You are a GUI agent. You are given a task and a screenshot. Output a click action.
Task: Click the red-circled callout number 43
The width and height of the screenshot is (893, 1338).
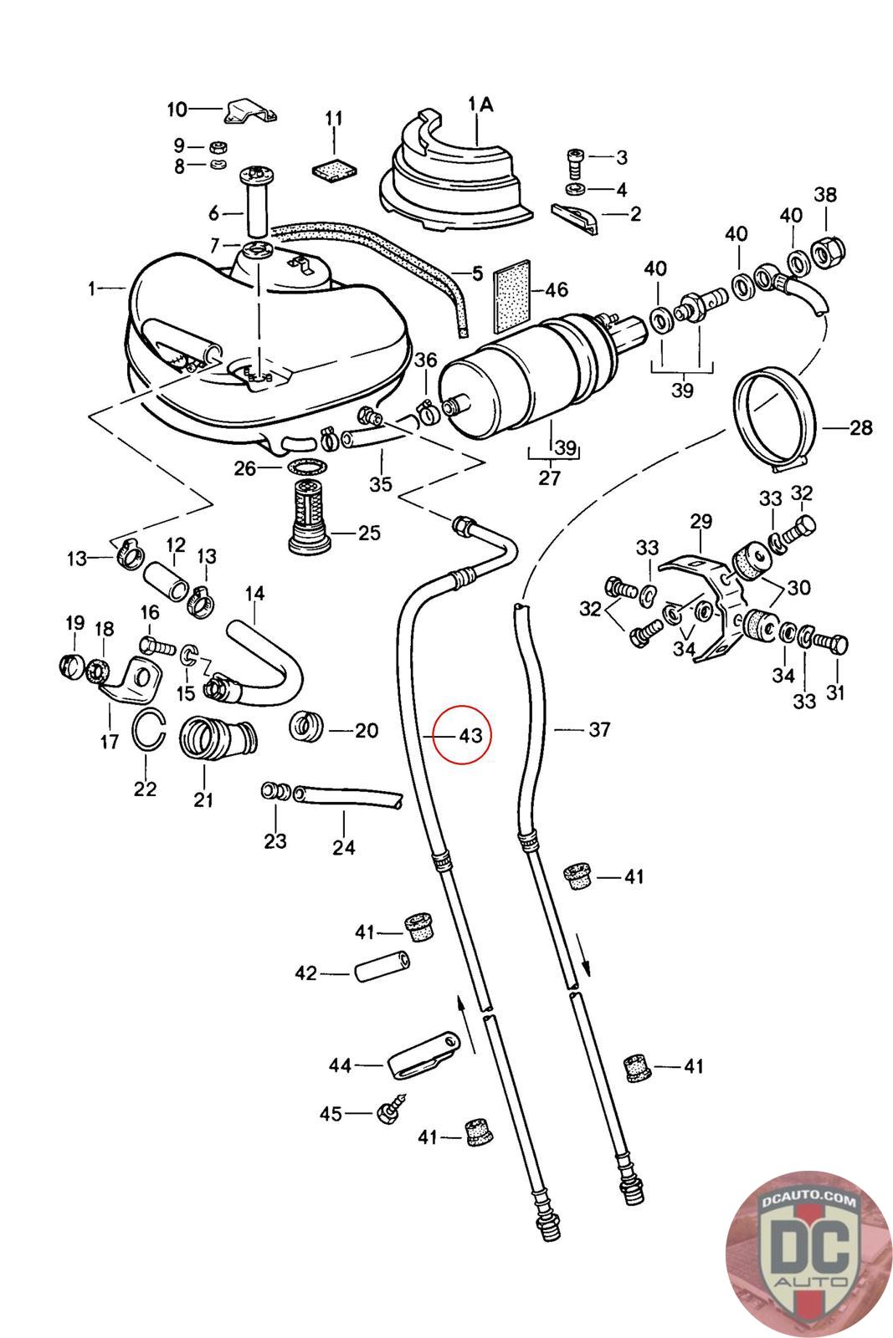coord(470,736)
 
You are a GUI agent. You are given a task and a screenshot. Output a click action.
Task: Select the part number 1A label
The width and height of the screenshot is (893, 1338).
coord(480,105)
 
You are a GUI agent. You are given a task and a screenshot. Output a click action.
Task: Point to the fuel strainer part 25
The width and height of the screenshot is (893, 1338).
coord(311,524)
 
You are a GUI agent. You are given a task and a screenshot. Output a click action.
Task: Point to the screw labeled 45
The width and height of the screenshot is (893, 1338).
coord(393,1109)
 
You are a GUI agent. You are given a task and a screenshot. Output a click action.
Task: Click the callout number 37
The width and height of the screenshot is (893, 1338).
coord(599,730)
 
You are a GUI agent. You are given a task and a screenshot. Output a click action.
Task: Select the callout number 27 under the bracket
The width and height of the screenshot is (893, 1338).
coord(550,478)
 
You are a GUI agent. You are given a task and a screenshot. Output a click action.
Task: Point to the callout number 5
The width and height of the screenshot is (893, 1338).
coord(478,273)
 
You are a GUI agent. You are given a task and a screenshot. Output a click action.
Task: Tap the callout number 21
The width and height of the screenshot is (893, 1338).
coord(203,799)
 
